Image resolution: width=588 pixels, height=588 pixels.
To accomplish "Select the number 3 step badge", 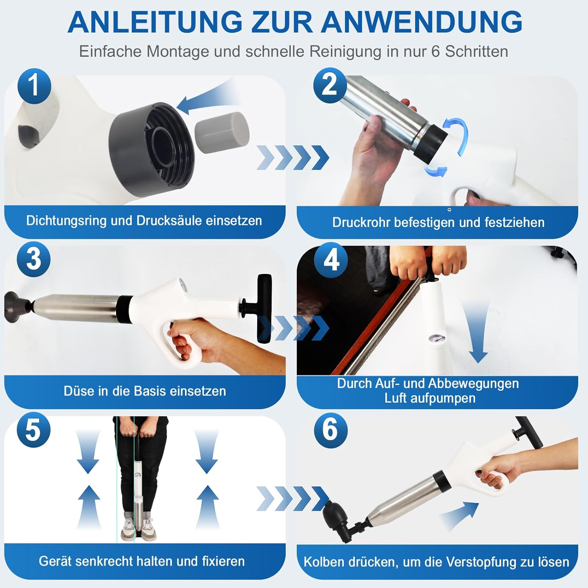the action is click(x=34, y=260).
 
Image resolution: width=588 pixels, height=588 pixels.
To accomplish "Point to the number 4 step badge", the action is click(x=331, y=260).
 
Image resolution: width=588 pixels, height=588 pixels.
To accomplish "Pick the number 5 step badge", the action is click(x=33, y=430).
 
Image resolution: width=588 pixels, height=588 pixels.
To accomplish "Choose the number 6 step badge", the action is click(x=330, y=430).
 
